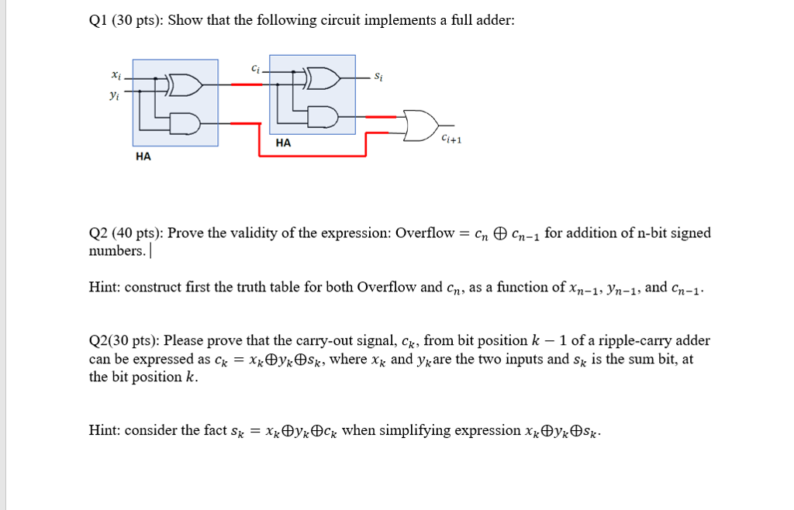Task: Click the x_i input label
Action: [116, 75]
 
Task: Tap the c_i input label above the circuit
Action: [256, 68]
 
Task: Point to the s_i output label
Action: [378, 77]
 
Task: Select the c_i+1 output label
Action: [451, 140]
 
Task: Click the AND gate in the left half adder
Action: [186, 122]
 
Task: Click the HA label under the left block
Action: [143, 157]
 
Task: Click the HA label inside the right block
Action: [283, 143]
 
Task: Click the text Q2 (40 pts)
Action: [124, 233]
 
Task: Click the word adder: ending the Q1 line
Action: [495, 20]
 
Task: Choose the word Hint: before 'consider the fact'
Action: [105, 430]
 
